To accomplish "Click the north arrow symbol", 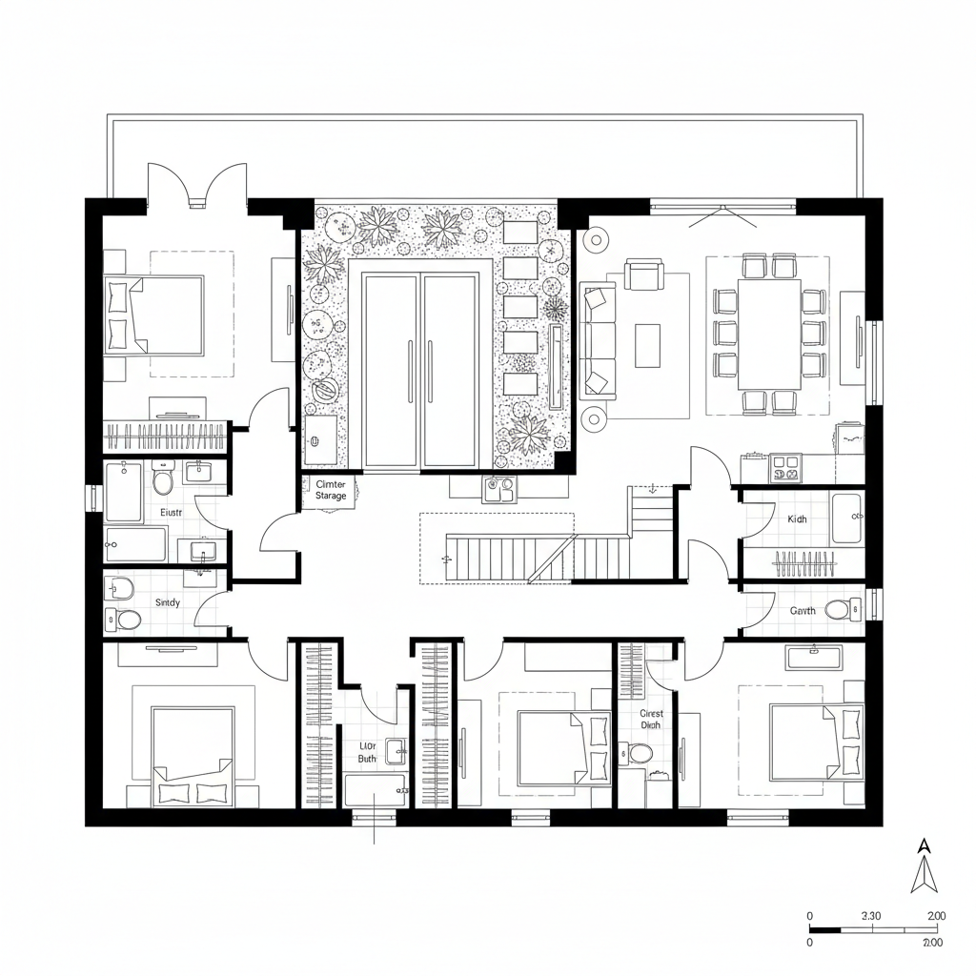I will click(922, 867).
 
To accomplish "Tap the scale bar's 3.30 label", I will click(871, 916).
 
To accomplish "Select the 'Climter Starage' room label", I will click(331, 490).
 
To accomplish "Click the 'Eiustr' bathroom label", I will click(170, 512).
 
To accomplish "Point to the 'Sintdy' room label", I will click(167, 603).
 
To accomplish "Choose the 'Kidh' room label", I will click(797, 519).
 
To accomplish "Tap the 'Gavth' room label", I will click(802, 611).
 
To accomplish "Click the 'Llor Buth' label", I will click(367, 753).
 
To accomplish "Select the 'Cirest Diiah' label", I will click(651, 719).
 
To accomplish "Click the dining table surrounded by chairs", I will click(769, 334).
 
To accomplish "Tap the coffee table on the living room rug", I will click(647, 344).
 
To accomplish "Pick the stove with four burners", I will click(785, 467).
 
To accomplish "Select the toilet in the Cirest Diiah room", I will click(640, 754).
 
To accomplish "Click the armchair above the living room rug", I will click(644, 277).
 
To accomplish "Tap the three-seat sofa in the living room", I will click(597, 338).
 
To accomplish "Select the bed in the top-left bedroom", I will click(156, 315).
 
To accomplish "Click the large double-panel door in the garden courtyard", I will click(420, 372).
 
